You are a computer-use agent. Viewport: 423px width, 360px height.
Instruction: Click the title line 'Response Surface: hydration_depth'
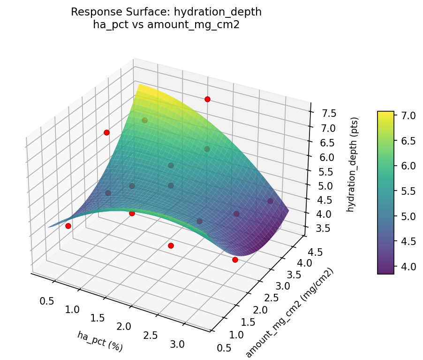click(166, 12)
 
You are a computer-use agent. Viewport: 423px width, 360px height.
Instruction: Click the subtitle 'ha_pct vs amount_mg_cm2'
click(166, 25)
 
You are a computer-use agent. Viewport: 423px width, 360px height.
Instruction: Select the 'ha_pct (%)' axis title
click(100, 341)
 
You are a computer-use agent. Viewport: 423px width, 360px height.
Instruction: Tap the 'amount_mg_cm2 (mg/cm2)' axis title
click(289, 313)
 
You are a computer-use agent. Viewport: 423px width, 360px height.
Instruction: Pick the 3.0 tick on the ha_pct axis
click(177, 345)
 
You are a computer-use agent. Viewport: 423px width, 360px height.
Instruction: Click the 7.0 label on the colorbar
click(407, 115)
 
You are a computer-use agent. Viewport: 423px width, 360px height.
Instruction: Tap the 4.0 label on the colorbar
click(407, 267)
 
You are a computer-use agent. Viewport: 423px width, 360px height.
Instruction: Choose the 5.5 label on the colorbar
click(407, 191)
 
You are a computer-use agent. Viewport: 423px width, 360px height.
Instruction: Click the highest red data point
click(207, 99)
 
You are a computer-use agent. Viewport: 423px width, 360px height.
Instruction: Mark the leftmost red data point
click(68, 226)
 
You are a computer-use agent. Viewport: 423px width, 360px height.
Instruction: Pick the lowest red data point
click(235, 260)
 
